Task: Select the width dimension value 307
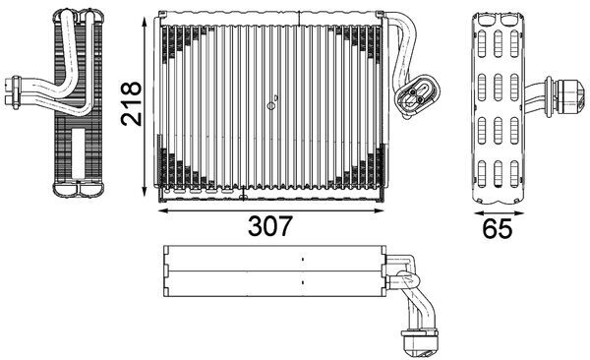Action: (x=269, y=226)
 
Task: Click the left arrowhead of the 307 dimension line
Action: (x=161, y=209)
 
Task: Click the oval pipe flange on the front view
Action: (x=413, y=96)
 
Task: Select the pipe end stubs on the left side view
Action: (x=14, y=90)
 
